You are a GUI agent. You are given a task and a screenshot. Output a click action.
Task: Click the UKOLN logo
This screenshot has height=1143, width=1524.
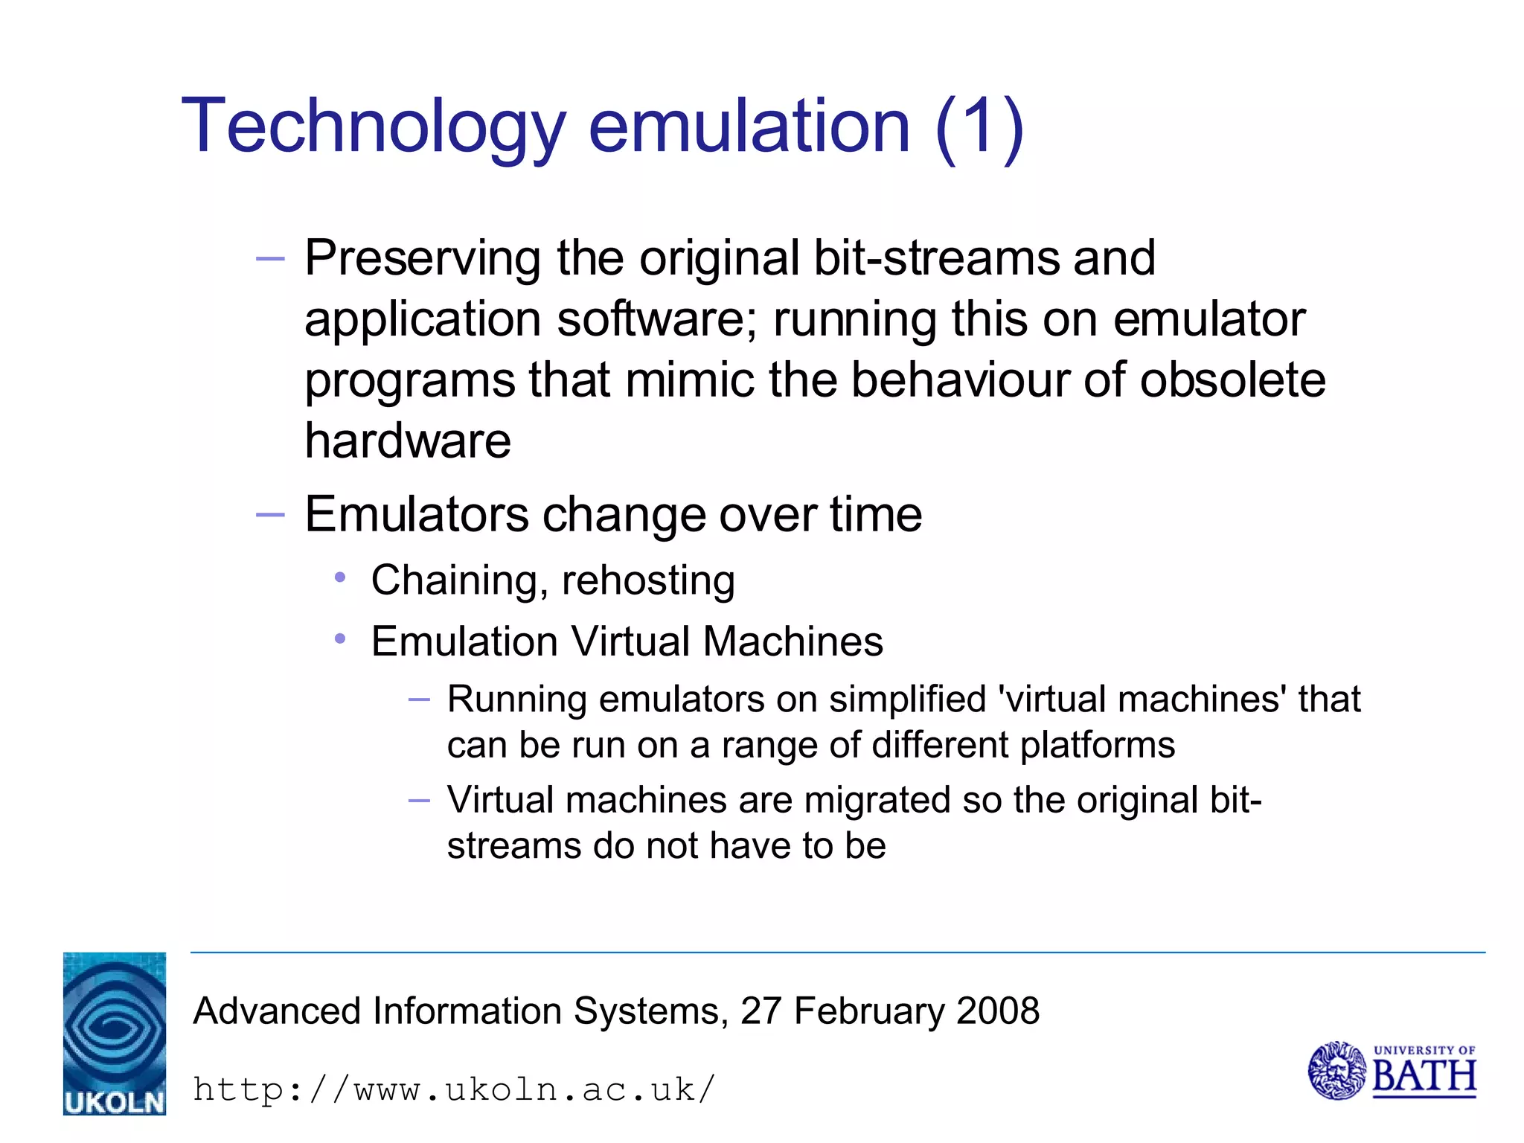[x=115, y=1033]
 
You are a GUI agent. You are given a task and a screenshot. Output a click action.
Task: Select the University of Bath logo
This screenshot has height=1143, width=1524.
[x=1392, y=1070]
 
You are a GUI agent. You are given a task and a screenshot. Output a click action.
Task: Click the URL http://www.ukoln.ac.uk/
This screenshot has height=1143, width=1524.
[x=454, y=1089]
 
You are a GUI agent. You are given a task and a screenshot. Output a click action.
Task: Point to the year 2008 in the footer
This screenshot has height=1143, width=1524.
[x=998, y=1011]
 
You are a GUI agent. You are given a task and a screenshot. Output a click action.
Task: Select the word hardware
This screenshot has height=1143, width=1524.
[x=408, y=441]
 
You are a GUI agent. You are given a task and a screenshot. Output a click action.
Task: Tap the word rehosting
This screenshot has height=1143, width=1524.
[x=648, y=580]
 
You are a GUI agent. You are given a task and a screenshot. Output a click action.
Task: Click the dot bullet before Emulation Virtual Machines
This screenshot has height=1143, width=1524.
[x=340, y=638]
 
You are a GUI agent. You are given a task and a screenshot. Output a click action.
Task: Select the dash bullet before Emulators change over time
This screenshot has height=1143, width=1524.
[x=269, y=514]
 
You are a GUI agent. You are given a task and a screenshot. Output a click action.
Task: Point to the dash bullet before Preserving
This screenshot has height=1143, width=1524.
[x=269, y=259]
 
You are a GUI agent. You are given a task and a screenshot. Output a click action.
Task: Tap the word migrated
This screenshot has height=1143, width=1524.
[x=877, y=801]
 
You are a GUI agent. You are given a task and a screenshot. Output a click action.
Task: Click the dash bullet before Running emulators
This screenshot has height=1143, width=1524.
[x=419, y=699]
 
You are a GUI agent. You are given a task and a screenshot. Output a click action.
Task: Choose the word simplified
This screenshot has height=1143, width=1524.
[x=907, y=699]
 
